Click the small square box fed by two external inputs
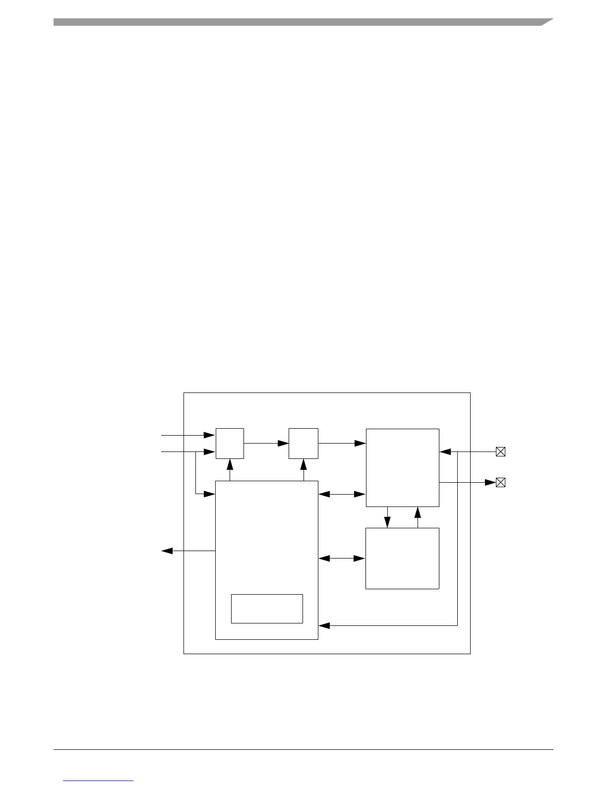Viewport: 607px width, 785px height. click(x=230, y=443)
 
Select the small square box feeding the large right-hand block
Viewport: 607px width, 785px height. click(x=303, y=443)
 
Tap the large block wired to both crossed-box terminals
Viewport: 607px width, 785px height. click(x=402, y=467)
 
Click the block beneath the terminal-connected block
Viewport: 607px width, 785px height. click(x=402, y=558)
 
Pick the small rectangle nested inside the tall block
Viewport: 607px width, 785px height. click(x=267, y=608)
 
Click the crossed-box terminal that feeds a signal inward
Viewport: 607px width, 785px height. click(x=500, y=451)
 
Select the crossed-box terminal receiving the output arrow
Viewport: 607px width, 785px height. click(x=500, y=482)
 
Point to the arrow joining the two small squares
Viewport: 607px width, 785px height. click(x=266, y=443)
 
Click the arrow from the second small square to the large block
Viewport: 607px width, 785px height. click(x=342, y=443)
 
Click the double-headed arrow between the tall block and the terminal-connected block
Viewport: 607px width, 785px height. click(x=342, y=494)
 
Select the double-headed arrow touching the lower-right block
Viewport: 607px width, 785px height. click(x=342, y=559)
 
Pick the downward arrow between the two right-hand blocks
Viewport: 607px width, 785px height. click(x=387, y=517)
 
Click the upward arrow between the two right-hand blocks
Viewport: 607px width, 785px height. click(x=418, y=517)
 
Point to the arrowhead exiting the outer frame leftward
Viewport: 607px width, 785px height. click(x=167, y=551)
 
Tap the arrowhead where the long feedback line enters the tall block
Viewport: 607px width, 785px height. click(x=324, y=625)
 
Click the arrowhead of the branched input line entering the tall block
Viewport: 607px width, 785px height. click(x=210, y=494)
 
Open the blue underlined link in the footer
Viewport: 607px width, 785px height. click(x=98, y=781)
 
